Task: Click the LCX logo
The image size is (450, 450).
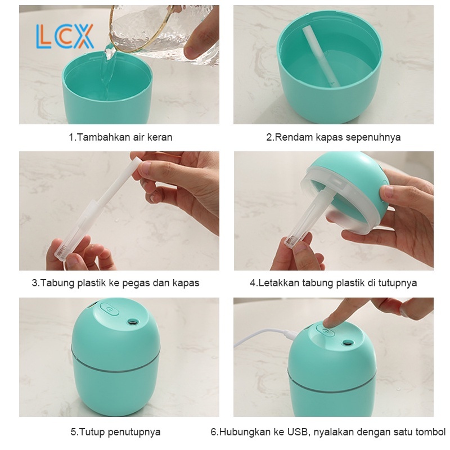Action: point(65,36)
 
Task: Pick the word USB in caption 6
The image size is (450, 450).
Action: point(298,431)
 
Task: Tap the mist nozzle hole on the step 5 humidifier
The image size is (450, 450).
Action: point(132,321)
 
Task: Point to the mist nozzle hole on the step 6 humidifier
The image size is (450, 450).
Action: point(348,343)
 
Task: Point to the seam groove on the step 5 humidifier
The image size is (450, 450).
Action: point(115,363)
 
